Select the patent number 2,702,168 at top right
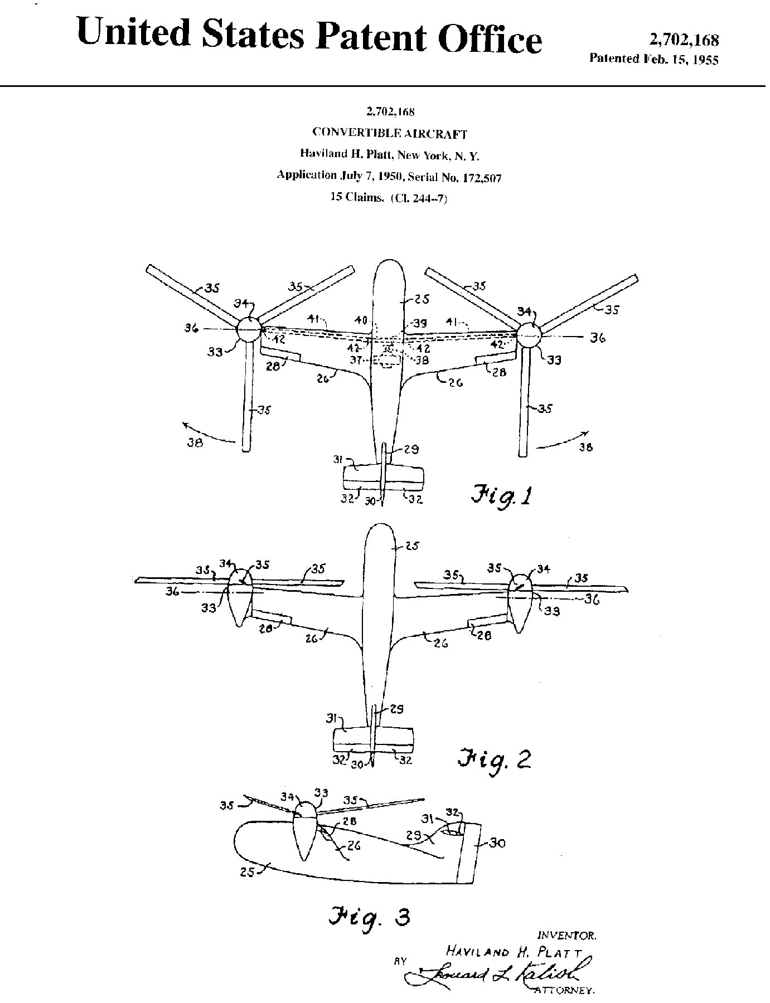coord(684,40)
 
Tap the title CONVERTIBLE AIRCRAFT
coord(389,133)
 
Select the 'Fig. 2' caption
coord(494,759)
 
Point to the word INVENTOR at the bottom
coord(566,934)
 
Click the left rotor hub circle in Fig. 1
coord(249,330)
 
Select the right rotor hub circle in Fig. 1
coord(529,336)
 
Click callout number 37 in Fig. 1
coord(359,359)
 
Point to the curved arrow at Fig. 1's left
coord(209,435)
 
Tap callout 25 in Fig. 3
coord(247,873)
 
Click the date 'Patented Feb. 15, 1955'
coord(653,59)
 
